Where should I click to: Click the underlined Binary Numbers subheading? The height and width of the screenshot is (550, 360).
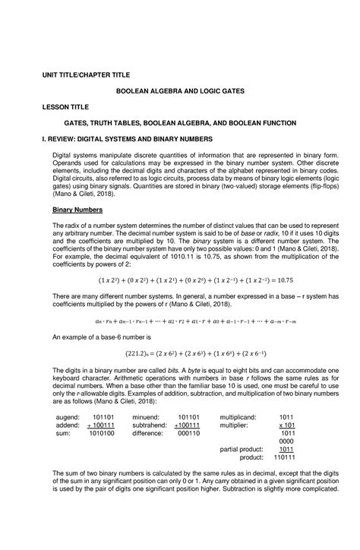[76, 209]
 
